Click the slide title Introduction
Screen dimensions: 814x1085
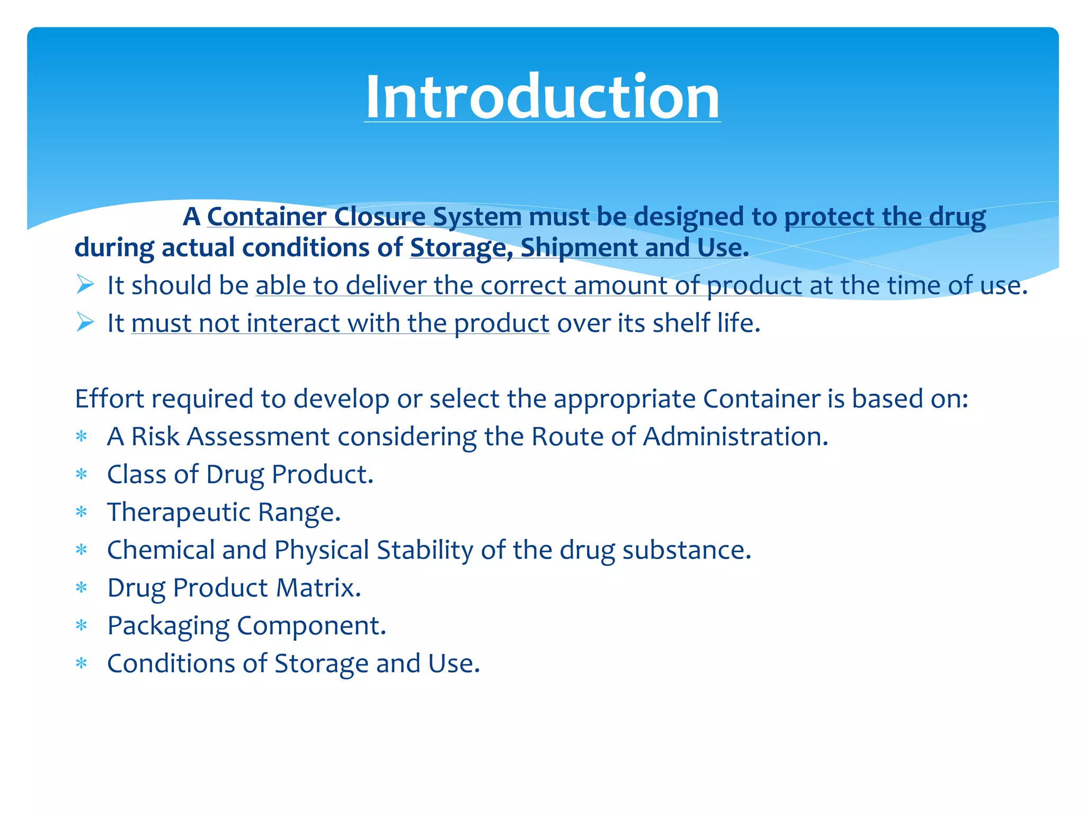(542, 98)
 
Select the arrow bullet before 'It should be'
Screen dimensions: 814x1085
(85, 285)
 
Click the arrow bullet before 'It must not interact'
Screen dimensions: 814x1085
(85, 322)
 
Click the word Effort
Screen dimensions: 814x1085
(110, 399)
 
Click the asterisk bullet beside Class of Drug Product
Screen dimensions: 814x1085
(81, 474)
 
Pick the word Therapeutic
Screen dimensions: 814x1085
(179, 512)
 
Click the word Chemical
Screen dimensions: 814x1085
(161, 550)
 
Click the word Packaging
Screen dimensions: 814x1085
(168, 626)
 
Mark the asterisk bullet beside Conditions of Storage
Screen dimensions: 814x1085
(81, 663)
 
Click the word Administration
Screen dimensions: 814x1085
(735, 437)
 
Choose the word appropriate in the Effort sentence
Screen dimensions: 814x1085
(624, 399)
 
